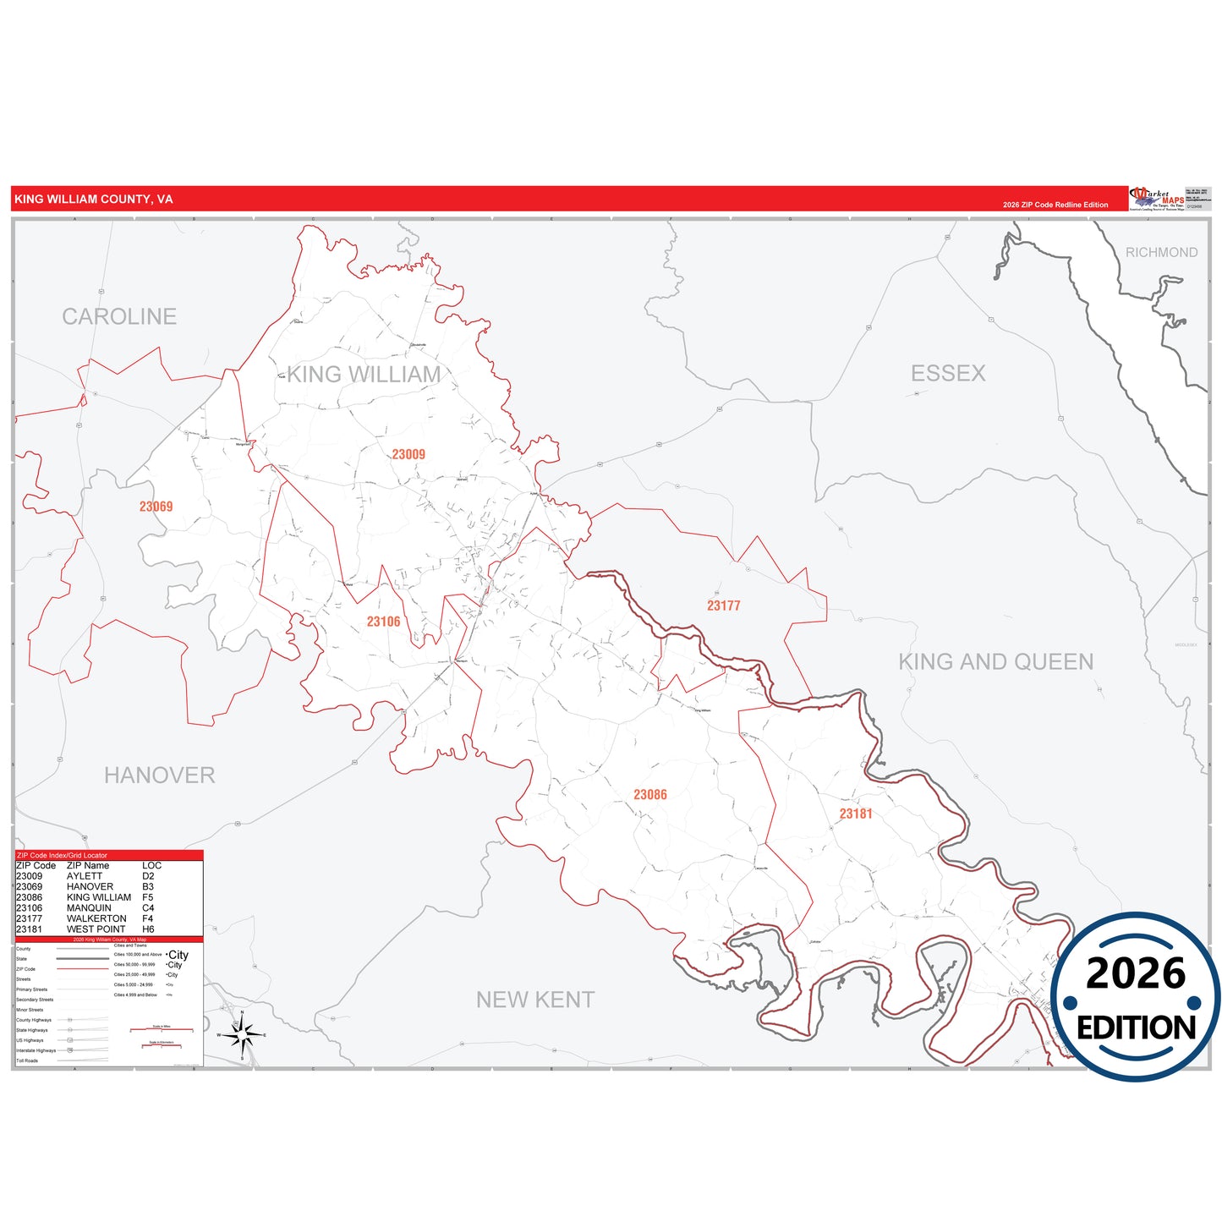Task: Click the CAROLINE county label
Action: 119,316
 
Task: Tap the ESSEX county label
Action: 948,373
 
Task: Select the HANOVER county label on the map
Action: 159,775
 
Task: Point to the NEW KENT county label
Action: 535,1000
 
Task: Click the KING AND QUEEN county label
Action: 995,661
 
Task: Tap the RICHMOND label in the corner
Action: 1161,252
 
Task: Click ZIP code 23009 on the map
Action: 408,454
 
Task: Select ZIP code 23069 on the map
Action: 156,507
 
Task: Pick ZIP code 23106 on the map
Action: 383,622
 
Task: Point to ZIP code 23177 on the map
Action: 723,606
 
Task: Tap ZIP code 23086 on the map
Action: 649,794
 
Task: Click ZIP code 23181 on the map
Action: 855,814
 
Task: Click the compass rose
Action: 242,1034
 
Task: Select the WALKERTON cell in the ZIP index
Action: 96,918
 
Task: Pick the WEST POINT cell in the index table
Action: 96,929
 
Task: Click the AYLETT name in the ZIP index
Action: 84,876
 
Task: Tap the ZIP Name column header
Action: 88,865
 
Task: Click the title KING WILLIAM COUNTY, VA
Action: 94,200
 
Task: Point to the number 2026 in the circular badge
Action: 1136,973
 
